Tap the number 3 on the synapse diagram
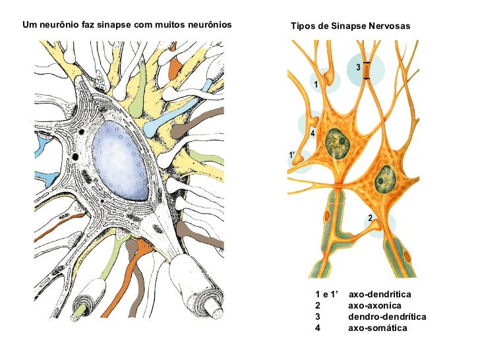pos(358,67)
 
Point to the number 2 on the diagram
pos(371,218)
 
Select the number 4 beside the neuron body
pos(313,133)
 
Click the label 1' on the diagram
pos(291,155)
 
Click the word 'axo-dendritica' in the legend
pos(379,294)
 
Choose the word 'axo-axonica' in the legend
pos(374,305)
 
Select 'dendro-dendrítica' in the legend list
pos(386,316)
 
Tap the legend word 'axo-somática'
pos(377,328)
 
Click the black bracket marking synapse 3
pos(367,71)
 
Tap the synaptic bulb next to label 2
pos(377,226)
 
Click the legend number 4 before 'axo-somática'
pos(318,328)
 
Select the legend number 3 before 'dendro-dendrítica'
pos(318,316)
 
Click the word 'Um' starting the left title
pos(28,24)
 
